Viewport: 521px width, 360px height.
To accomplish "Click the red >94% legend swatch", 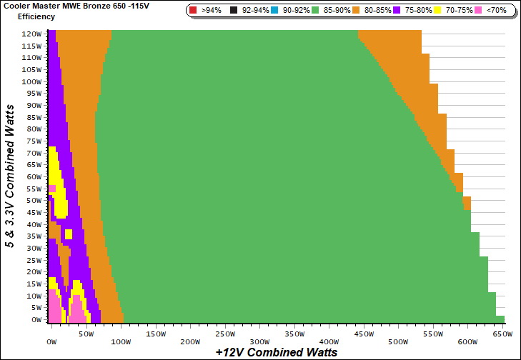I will point(194,11).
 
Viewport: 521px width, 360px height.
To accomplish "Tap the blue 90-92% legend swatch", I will point(278,11).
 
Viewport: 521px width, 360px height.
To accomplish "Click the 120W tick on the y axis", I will point(31,34).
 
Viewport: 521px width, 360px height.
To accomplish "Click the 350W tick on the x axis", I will point(259,334).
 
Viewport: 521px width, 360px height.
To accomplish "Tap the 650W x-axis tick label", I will point(503,334).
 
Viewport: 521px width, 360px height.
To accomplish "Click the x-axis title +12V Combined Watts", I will point(276,351).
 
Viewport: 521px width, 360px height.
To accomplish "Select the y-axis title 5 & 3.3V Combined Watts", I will point(11,175).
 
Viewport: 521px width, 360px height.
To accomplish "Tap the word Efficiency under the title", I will point(36,16).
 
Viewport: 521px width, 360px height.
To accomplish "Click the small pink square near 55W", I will point(52,189).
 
